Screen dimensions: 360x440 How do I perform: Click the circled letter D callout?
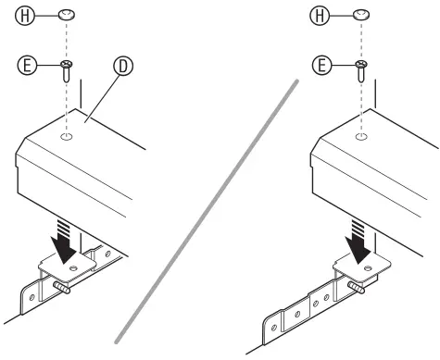click(x=121, y=67)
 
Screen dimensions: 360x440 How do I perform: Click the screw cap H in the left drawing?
click(x=67, y=15)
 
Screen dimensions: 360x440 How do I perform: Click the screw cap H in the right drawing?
click(x=359, y=15)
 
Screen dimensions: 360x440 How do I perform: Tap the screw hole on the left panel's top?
click(x=67, y=137)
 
